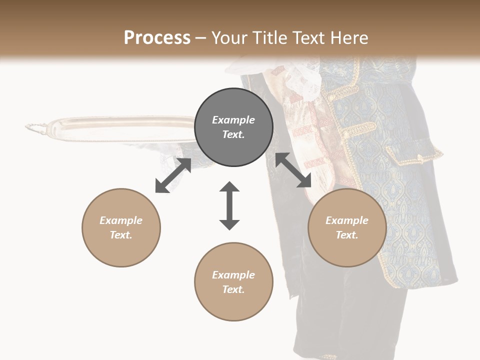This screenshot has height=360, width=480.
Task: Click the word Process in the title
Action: [x=157, y=38]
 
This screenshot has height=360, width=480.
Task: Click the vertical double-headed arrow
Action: [x=229, y=205]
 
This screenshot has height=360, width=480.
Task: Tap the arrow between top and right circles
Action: [x=293, y=170]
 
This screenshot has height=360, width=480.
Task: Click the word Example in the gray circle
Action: [x=233, y=120]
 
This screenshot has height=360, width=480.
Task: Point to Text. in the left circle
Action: [x=121, y=235]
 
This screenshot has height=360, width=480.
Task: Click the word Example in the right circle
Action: [x=347, y=220]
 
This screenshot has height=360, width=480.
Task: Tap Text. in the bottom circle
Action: [x=233, y=289]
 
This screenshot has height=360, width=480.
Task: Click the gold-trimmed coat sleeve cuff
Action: [x=415, y=153]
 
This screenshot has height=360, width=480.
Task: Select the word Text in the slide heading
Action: [x=306, y=38]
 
